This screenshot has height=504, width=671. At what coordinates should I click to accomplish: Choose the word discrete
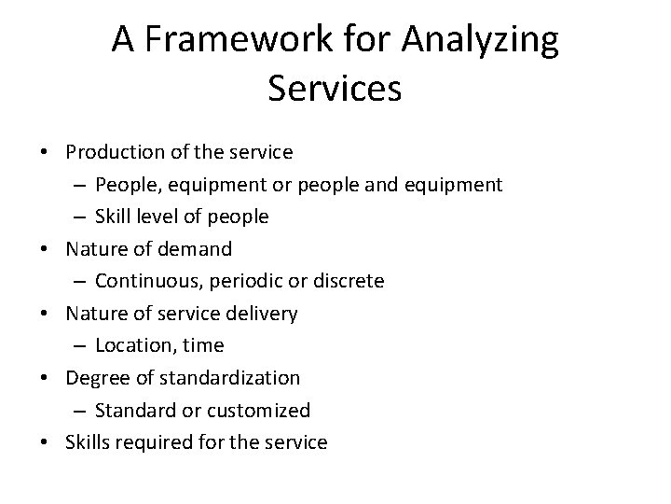pos(349,281)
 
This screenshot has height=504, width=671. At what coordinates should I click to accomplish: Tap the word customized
pos(264,411)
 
